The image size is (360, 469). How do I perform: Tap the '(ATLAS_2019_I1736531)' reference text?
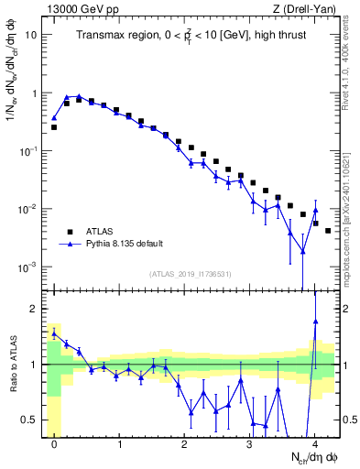tap(191, 274)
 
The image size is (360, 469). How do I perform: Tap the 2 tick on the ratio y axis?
tap(34, 309)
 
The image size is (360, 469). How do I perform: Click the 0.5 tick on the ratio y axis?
tap(30, 420)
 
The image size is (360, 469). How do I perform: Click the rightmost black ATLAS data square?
tap(328, 230)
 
